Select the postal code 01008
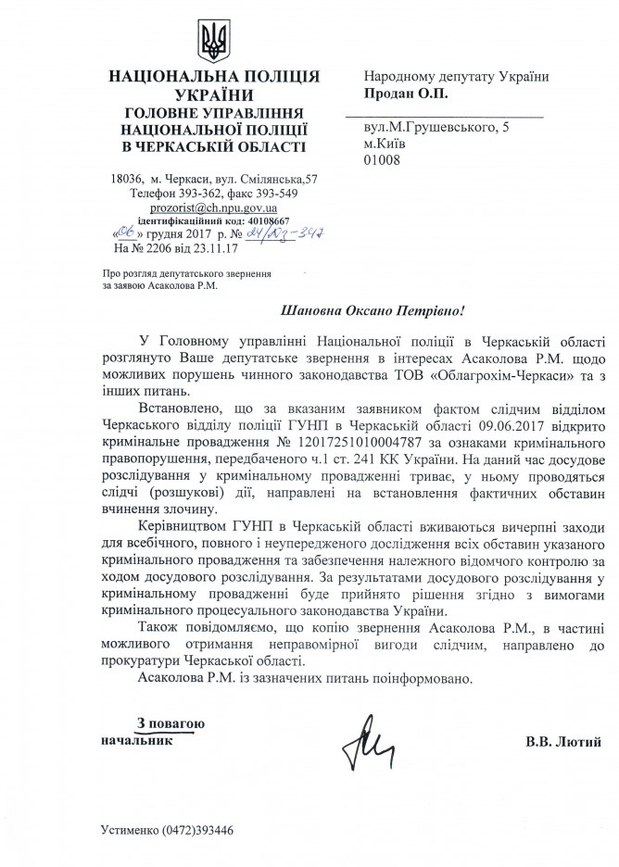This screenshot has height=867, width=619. coord(381,160)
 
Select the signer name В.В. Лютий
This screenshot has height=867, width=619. coord(563,741)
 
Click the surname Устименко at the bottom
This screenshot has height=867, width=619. coord(130,829)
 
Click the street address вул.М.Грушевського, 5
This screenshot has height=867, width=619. coord(433,127)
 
